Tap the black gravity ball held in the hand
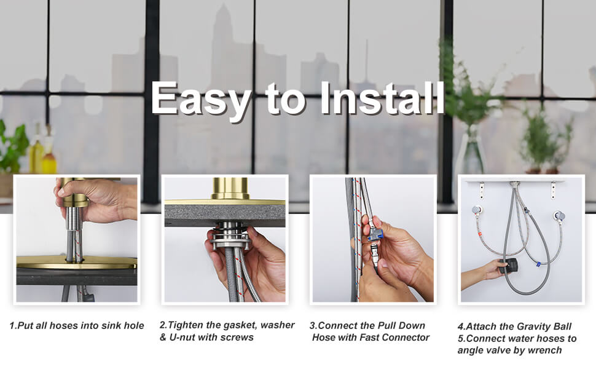click(508, 266)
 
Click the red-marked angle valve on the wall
click(477, 211)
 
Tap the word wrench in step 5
click(545, 351)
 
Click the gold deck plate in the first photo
click(76, 262)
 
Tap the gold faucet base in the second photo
click(230, 189)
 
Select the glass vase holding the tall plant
click(470, 151)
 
